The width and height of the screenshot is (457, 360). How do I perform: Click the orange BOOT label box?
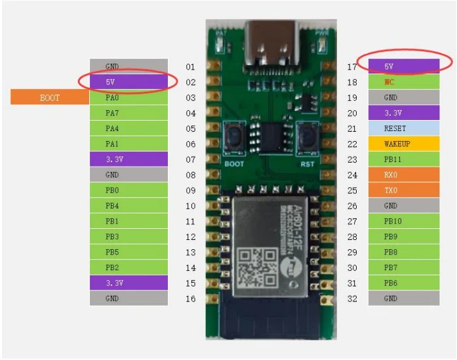pos(50,98)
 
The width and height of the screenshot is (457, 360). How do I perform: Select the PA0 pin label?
pos(129,98)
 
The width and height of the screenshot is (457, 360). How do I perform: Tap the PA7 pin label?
pos(129,113)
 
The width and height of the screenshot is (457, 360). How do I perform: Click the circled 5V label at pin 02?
pos(129,82)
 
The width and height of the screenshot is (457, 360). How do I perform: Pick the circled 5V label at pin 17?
pos(403,66)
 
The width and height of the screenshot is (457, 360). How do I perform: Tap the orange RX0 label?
pos(403,174)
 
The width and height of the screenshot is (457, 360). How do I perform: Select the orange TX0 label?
pos(403,190)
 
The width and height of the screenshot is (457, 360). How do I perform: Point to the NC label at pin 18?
pos(403,82)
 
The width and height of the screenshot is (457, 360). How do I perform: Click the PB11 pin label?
pos(403,159)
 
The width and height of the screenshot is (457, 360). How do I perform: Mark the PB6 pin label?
pos(403,283)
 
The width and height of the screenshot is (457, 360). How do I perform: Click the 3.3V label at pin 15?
pos(129,283)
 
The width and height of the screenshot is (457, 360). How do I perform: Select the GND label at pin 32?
pos(403,298)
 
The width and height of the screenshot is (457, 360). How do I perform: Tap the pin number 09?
pos(190,190)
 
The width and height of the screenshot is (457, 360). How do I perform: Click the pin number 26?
pos(352,206)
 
